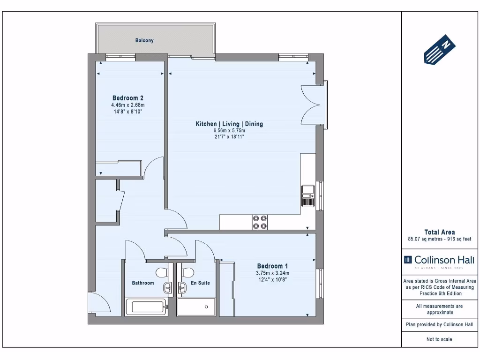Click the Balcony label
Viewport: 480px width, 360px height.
point(144,41)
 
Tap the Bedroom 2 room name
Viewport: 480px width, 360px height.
point(128,98)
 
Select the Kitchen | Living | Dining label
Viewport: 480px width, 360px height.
point(229,124)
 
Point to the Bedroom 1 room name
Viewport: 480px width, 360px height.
point(272,266)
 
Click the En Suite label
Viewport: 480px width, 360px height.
point(200,283)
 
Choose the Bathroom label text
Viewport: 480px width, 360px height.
point(143,283)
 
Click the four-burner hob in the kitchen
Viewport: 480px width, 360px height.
point(260,222)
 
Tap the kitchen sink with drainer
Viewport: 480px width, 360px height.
point(308,195)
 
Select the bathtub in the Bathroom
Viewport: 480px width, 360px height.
point(147,307)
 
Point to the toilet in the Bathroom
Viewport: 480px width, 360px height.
point(162,273)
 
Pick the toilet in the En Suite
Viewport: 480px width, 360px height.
point(188,273)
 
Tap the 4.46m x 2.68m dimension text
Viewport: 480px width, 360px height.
point(128,105)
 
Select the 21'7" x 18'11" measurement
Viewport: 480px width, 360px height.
point(229,137)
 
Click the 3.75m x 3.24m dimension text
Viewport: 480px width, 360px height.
point(272,273)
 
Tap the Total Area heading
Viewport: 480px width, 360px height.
point(439,232)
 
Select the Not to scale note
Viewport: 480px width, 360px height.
point(439,339)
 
